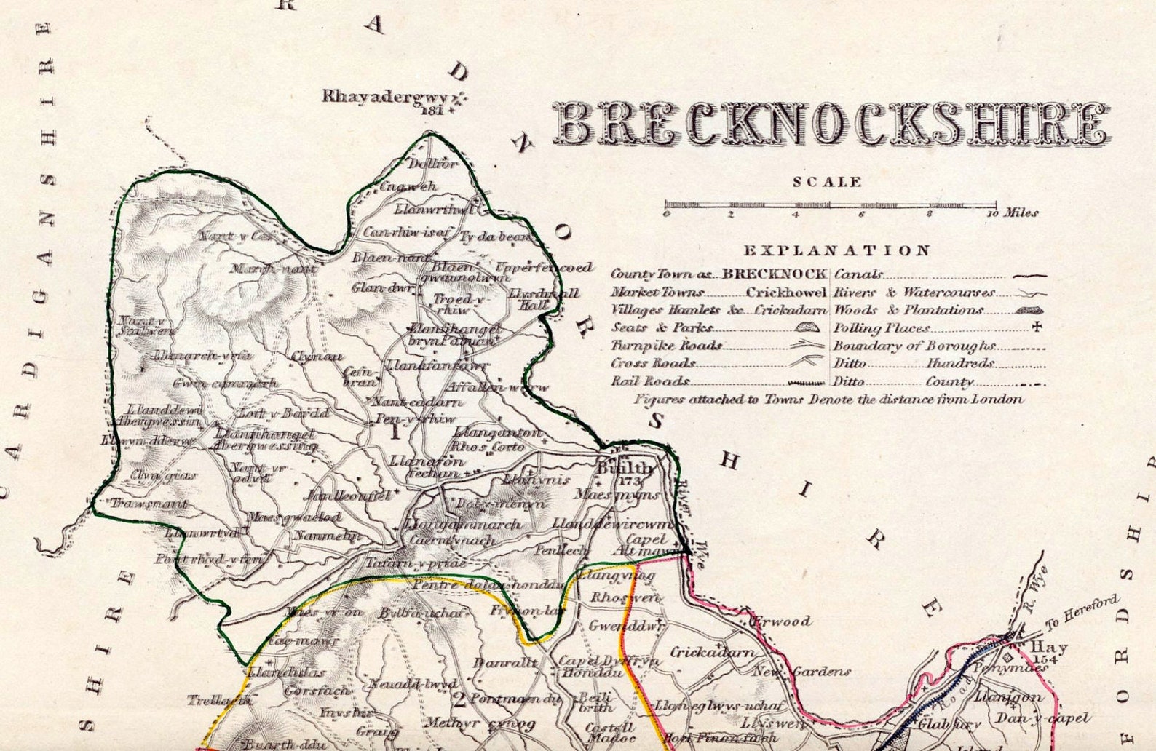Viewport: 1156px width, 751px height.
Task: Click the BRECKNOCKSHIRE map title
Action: pos(831,124)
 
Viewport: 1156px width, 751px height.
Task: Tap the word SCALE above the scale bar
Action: pos(827,182)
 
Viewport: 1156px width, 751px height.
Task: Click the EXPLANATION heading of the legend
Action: pos(836,251)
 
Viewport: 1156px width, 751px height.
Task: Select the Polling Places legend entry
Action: pos(882,328)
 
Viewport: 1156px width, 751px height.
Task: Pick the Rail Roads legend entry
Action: pos(650,381)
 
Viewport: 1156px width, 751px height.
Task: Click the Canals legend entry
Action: pos(859,274)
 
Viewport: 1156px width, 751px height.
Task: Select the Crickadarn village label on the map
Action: pos(712,652)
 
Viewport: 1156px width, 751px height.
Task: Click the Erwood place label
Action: pos(781,621)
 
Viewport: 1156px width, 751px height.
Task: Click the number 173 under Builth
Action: pos(627,482)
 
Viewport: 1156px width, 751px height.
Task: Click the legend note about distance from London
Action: pos(828,400)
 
